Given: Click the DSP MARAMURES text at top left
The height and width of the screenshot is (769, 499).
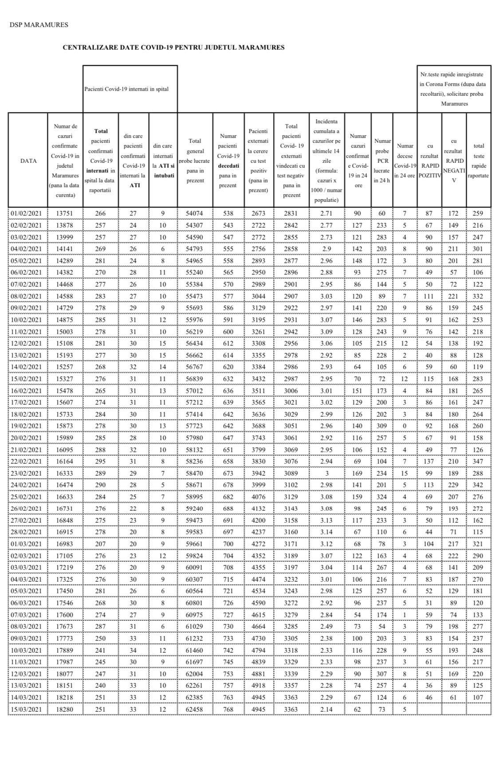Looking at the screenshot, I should (39, 25).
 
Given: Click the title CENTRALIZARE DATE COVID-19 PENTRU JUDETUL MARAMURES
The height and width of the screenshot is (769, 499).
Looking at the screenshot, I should (173, 47).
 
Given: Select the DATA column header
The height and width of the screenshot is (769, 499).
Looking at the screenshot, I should (28, 161).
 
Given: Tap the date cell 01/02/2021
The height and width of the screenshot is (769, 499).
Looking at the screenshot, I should (28, 213).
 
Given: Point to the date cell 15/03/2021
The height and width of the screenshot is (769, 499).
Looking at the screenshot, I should (28, 709).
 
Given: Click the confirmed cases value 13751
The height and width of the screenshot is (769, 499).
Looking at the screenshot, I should (65, 213).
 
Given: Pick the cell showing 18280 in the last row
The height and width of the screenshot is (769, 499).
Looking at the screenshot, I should (65, 709).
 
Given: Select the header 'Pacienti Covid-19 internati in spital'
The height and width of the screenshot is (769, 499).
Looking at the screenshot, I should (126, 89).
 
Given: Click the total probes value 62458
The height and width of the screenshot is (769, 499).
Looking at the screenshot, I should (195, 709).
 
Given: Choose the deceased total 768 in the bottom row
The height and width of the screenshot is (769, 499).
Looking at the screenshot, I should (228, 709).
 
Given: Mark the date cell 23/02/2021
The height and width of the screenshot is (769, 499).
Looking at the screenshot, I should (28, 473).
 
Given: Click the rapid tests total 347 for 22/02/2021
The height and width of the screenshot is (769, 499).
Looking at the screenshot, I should (479, 461).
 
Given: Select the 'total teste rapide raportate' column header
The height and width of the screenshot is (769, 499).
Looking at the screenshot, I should (479, 161).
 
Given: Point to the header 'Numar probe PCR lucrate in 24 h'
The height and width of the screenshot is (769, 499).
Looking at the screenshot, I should (382, 161).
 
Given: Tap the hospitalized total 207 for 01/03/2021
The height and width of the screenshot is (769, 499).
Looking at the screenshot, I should (101, 544).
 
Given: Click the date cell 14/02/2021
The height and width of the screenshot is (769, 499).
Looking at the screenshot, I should (28, 367).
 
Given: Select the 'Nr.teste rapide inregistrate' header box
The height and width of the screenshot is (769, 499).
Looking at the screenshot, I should (454, 89).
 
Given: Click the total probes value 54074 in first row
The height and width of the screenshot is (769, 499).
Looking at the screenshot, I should (195, 213).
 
